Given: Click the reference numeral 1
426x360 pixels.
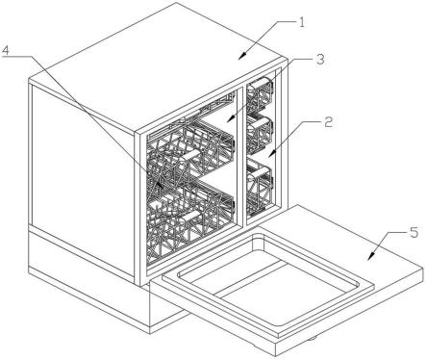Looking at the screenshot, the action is pos(302,22).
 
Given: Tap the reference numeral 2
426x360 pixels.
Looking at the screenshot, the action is pos(328,122).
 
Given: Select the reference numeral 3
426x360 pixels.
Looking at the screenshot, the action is pos(319,60).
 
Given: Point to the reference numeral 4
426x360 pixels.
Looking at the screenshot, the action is pos(7,50).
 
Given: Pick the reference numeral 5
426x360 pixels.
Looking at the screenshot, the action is pos(414,232).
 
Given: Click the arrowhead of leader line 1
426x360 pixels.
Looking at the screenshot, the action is pos(243,56).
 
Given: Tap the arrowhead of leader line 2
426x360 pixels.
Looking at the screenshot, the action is pos(272,153).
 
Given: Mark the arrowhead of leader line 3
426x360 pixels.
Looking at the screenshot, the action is pos(230,119).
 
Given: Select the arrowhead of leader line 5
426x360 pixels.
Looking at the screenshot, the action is pos(371,256).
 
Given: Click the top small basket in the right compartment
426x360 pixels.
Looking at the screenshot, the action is pos(260,93).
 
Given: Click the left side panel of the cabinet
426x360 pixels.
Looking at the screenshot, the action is pos(83,180).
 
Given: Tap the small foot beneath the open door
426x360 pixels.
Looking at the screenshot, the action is pos(312,338).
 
